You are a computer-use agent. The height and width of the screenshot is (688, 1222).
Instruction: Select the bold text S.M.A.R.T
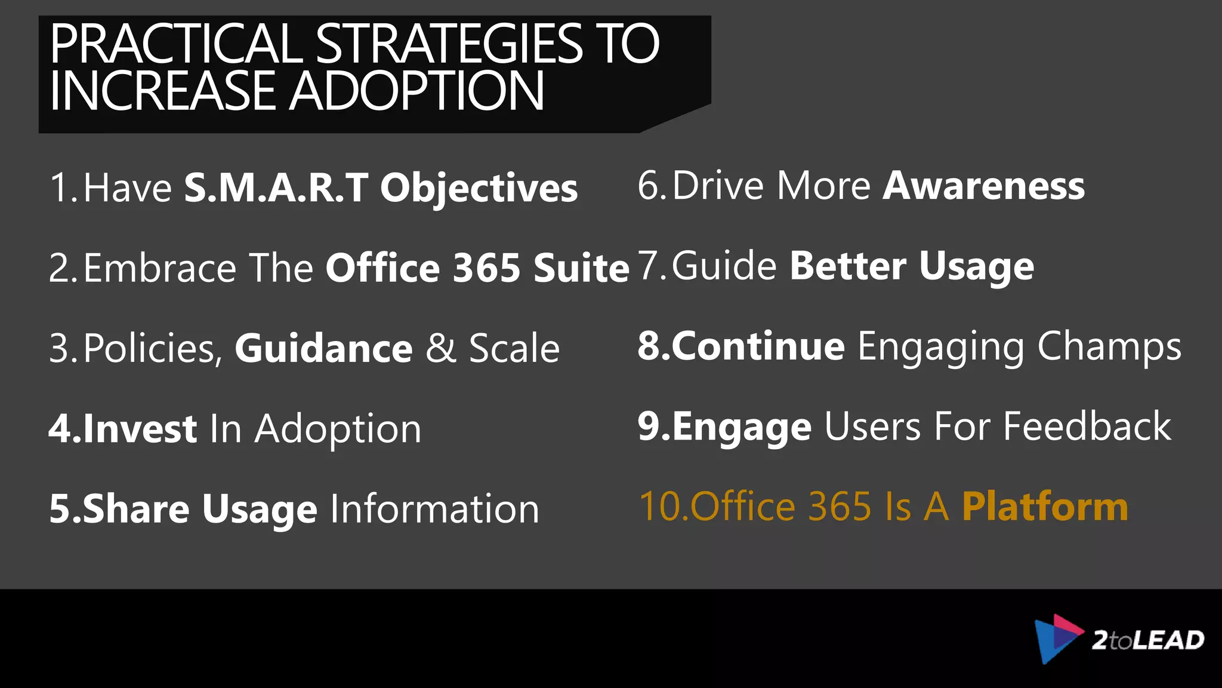[276, 188]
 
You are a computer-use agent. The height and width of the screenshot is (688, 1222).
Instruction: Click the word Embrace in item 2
[160, 268]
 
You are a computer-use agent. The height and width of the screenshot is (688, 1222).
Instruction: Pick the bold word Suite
[581, 268]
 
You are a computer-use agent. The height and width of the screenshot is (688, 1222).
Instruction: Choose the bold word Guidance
[323, 348]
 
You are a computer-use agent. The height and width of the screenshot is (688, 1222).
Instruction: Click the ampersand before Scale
[440, 348]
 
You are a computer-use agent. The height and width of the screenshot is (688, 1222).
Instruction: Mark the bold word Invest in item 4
[140, 429]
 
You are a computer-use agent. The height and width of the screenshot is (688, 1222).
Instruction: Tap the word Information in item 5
[434, 509]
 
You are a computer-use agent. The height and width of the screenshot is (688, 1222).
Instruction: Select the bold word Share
[136, 509]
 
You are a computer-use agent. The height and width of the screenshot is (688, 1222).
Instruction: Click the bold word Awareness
[983, 186]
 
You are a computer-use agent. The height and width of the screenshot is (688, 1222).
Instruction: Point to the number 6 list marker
[649, 186]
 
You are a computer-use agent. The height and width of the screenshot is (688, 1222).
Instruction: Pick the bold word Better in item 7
[848, 266]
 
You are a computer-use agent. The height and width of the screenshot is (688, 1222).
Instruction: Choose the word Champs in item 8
[1109, 347]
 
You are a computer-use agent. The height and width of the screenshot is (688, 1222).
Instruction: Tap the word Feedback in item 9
[1087, 426]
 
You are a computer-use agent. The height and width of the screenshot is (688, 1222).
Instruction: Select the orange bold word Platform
[1045, 507]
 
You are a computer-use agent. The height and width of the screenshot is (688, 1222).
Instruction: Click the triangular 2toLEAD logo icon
[1057, 638]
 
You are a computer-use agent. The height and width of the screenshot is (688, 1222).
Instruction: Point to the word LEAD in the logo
[1168, 641]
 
